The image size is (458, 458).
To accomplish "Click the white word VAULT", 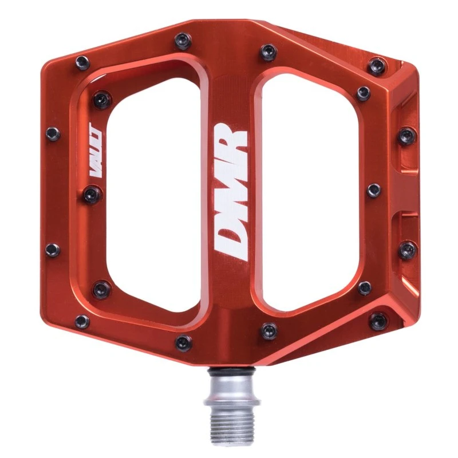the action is pyautogui.click(x=95, y=150).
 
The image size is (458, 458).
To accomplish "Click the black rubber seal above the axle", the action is pyautogui.click(x=231, y=370).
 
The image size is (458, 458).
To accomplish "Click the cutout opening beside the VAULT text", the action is pyautogui.click(x=154, y=187).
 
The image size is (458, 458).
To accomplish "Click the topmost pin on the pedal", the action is pyautogui.click(x=183, y=40).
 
